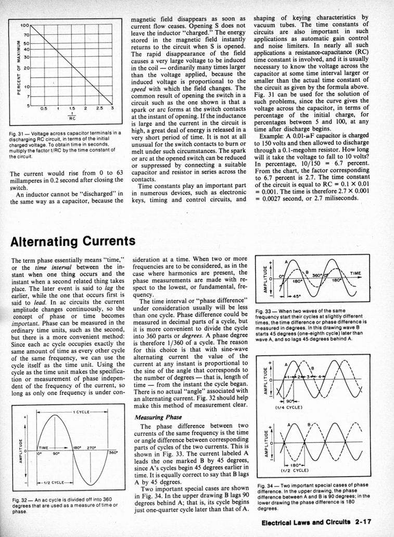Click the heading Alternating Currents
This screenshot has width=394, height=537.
tap(73, 241)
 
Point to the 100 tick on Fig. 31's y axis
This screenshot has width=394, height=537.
tap(24, 24)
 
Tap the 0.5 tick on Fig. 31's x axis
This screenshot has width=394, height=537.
tap(45, 109)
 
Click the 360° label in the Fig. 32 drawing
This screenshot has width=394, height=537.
tap(113, 452)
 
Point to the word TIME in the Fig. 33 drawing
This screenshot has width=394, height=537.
tap(355, 272)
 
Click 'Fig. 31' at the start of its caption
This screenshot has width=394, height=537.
tap(17, 134)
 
